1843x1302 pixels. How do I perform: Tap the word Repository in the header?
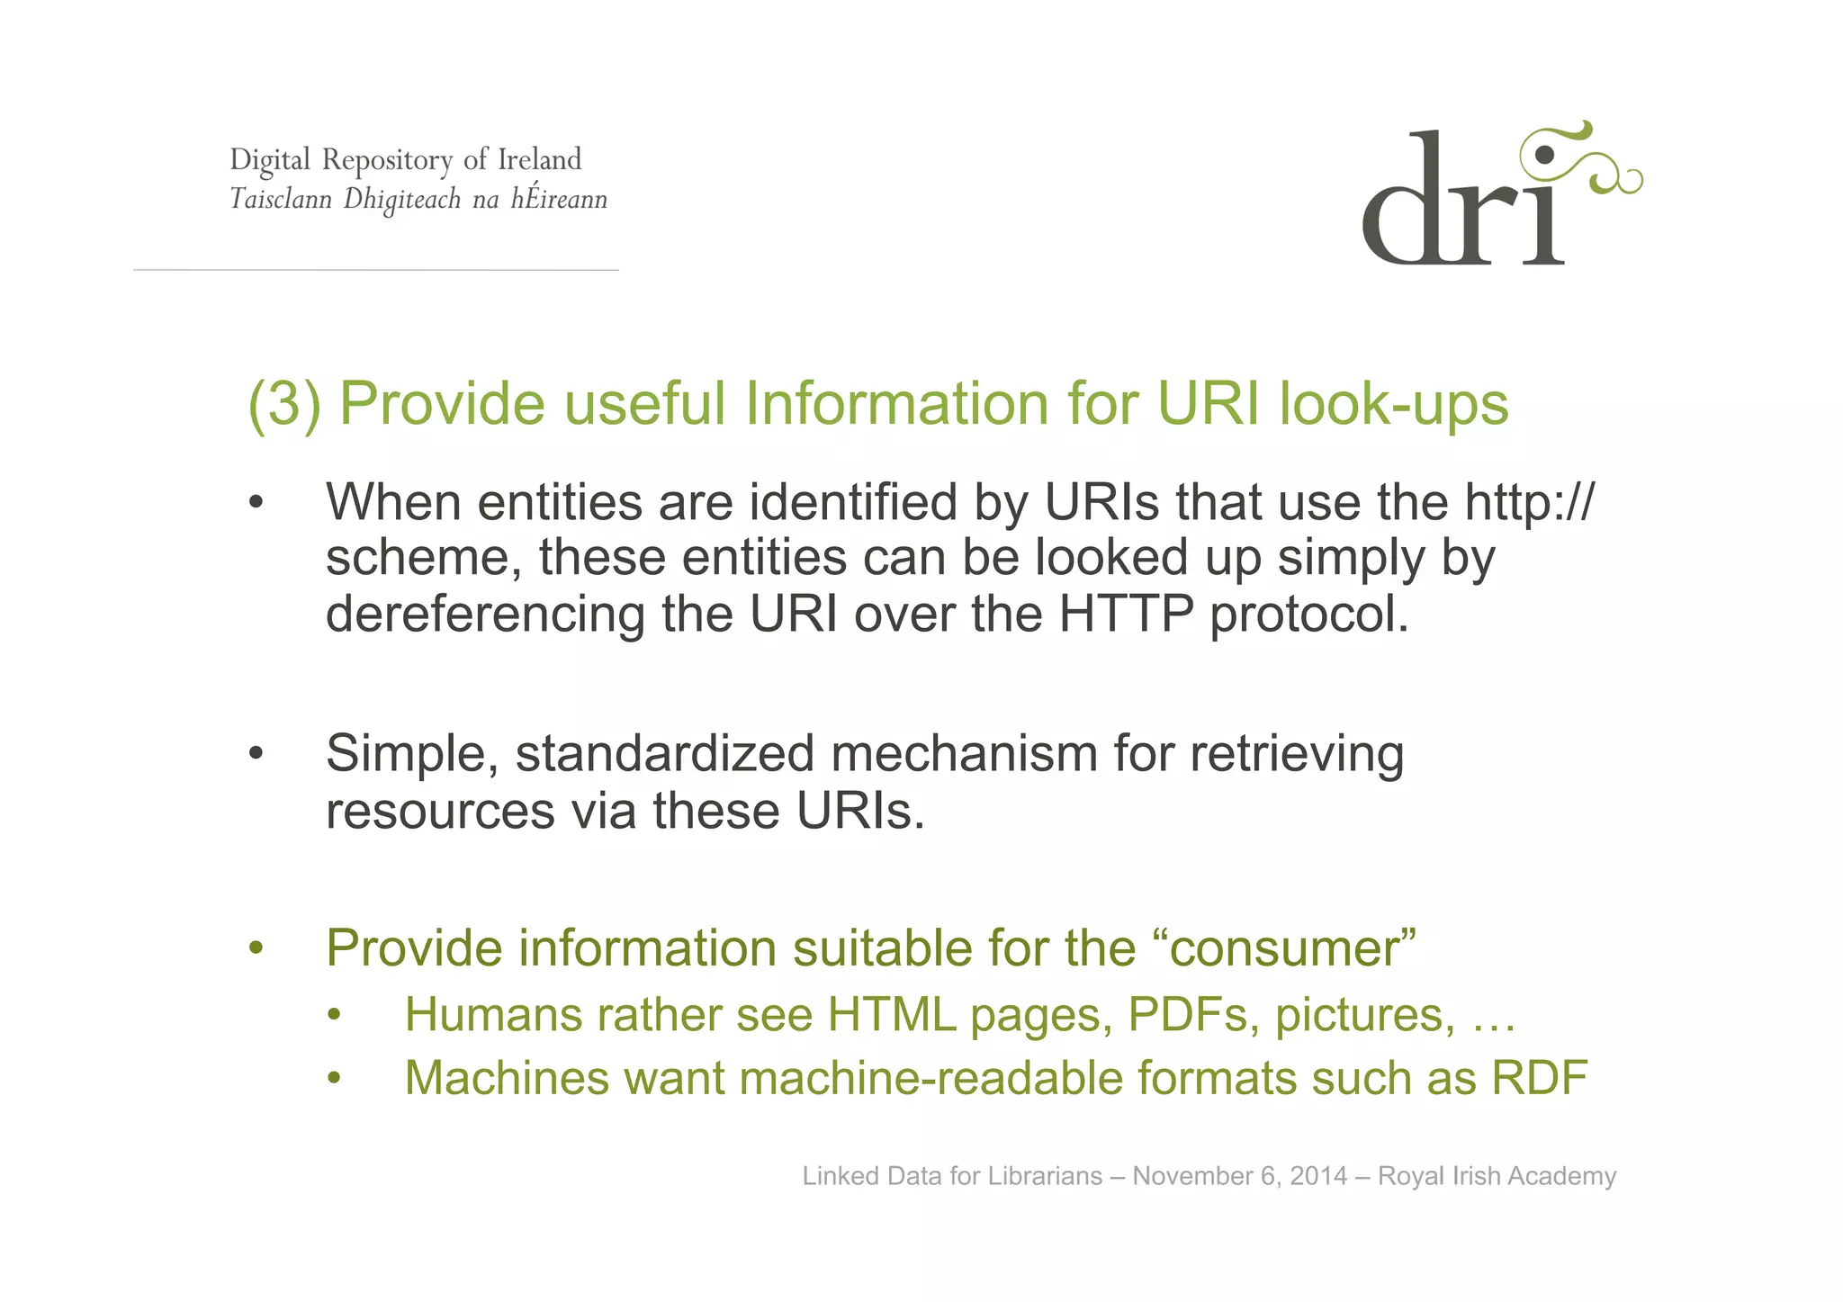[x=387, y=160]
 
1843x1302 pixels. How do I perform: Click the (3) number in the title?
[x=284, y=403]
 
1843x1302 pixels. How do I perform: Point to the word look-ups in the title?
[x=1393, y=405]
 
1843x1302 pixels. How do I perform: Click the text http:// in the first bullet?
[x=1528, y=502]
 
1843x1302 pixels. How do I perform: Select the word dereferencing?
[x=485, y=615]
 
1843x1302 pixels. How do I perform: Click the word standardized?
[x=665, y=754]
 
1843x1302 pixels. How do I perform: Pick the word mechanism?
[x=963, y=754]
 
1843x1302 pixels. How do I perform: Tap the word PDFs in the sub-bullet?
[x=1193, y=1015]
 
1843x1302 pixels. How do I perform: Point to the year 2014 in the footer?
[x=1318, y=1176]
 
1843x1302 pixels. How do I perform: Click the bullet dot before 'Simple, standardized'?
[x=256, y=753]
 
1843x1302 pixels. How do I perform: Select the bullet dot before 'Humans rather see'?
[x=335, y=1016]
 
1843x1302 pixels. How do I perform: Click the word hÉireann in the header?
[x=559, y=198]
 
